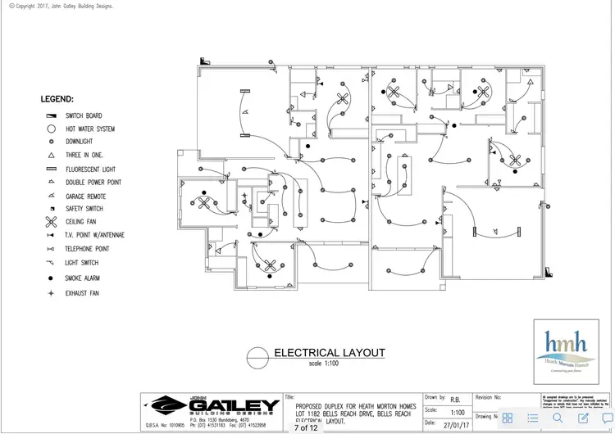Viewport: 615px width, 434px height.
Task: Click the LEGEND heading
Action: click(57, 99)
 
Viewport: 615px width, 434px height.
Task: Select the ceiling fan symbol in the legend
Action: click(50, 222)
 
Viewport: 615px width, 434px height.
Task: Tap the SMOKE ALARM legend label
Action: click(83, 278)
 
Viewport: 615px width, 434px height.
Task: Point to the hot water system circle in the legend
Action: click(50, 129)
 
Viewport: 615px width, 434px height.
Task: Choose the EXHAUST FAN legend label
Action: click(82, 293)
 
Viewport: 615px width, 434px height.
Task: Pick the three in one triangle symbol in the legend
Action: click(50, 155)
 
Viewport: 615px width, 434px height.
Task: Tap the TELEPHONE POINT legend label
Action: click(87, 248)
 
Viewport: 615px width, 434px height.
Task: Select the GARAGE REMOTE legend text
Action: click(85, 196)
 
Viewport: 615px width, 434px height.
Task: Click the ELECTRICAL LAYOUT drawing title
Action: click(329, 353)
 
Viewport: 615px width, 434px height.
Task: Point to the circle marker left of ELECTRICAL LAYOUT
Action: click(257, 355)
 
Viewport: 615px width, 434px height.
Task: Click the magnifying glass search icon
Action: click(558, 418)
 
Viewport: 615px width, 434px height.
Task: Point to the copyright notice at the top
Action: click(61, 6)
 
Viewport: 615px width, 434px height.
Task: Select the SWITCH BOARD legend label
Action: click(84, 116)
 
